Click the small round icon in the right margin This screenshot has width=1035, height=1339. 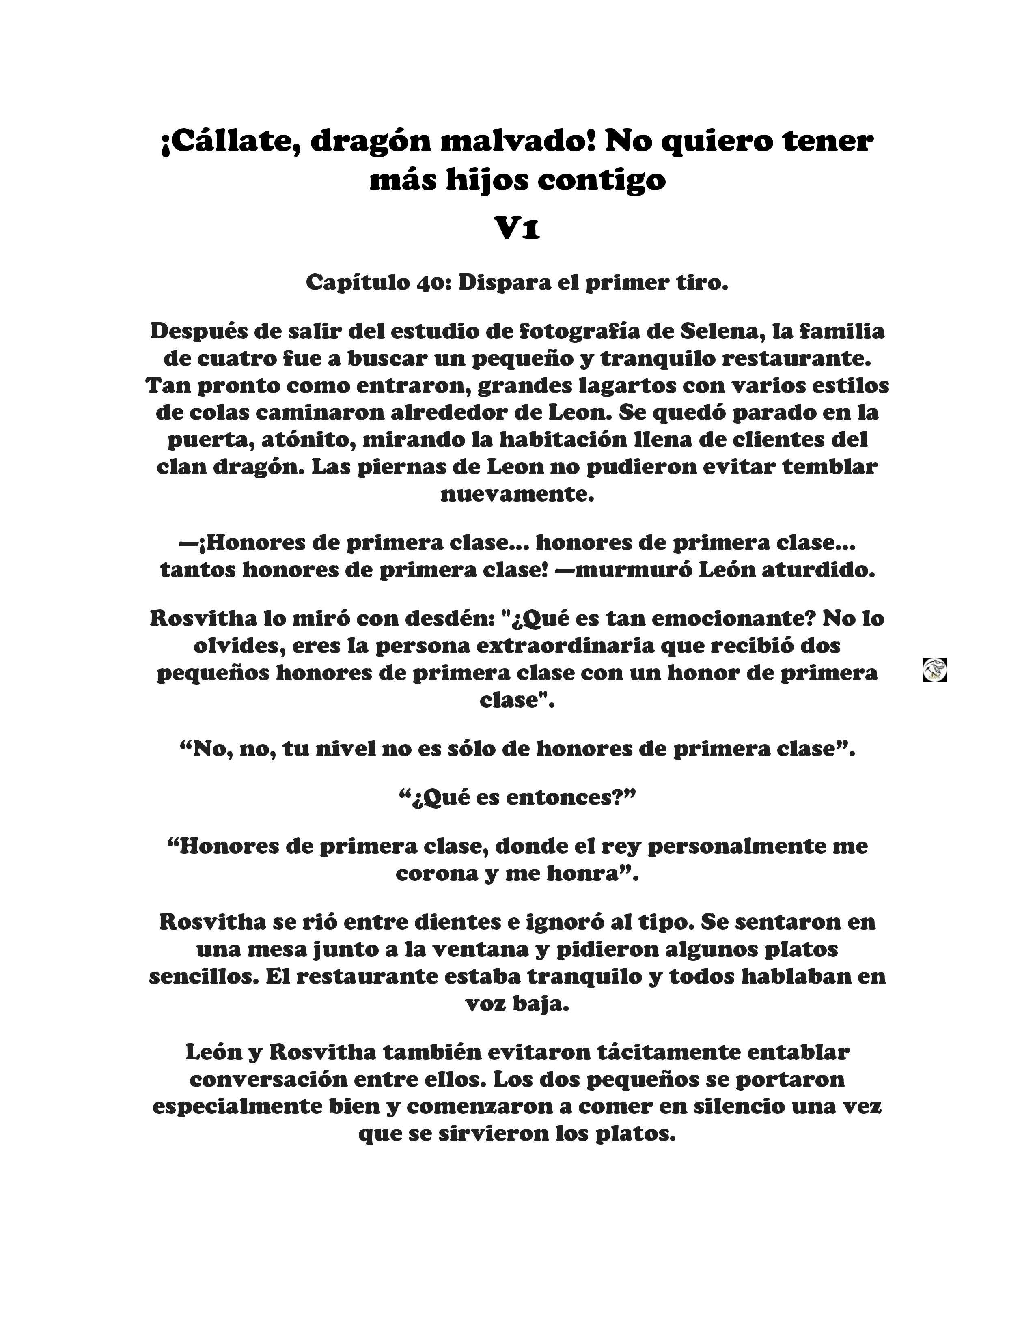click(x=934, y=669)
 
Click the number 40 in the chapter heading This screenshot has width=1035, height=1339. click(x=433, y=283)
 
